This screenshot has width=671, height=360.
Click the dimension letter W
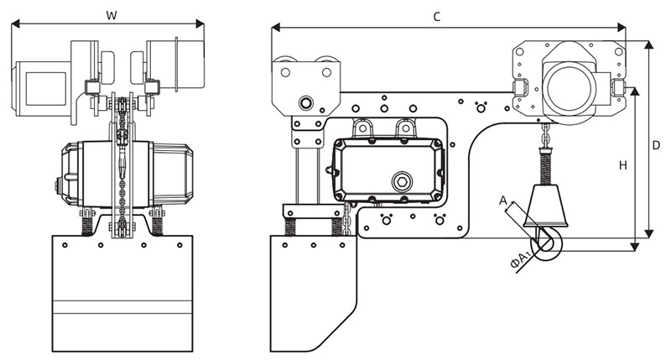click(x=112, y=13)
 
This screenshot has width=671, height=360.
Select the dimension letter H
click(x=622, y=165)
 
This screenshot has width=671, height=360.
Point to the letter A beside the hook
click(x=502, y=201)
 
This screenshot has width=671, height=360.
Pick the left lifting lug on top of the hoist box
click(x=363, y=128)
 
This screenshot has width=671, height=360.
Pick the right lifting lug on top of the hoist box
click(x=406, y=128)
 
